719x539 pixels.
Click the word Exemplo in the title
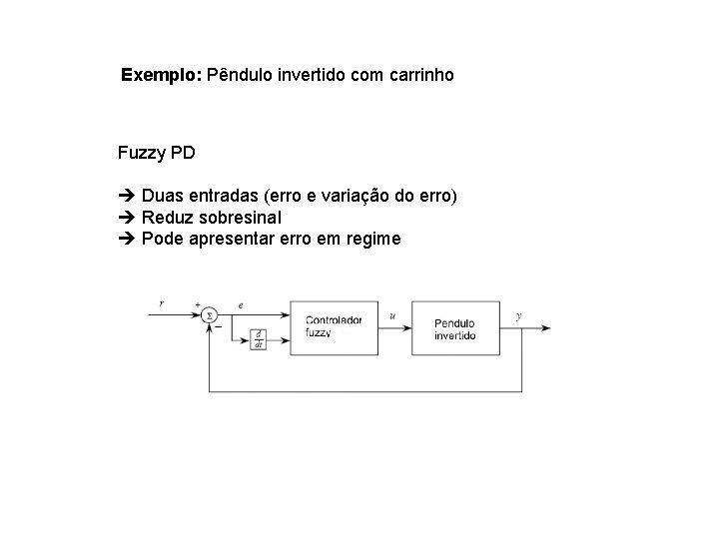click(160, 75)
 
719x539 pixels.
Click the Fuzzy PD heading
click(156, 153)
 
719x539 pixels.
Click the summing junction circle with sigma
click(210, 315)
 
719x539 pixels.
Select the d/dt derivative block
click(257, 339)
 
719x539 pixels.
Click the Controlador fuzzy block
click(335, 326)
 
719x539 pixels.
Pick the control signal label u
click(392, 315)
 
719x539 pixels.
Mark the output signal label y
click(518, 315)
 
